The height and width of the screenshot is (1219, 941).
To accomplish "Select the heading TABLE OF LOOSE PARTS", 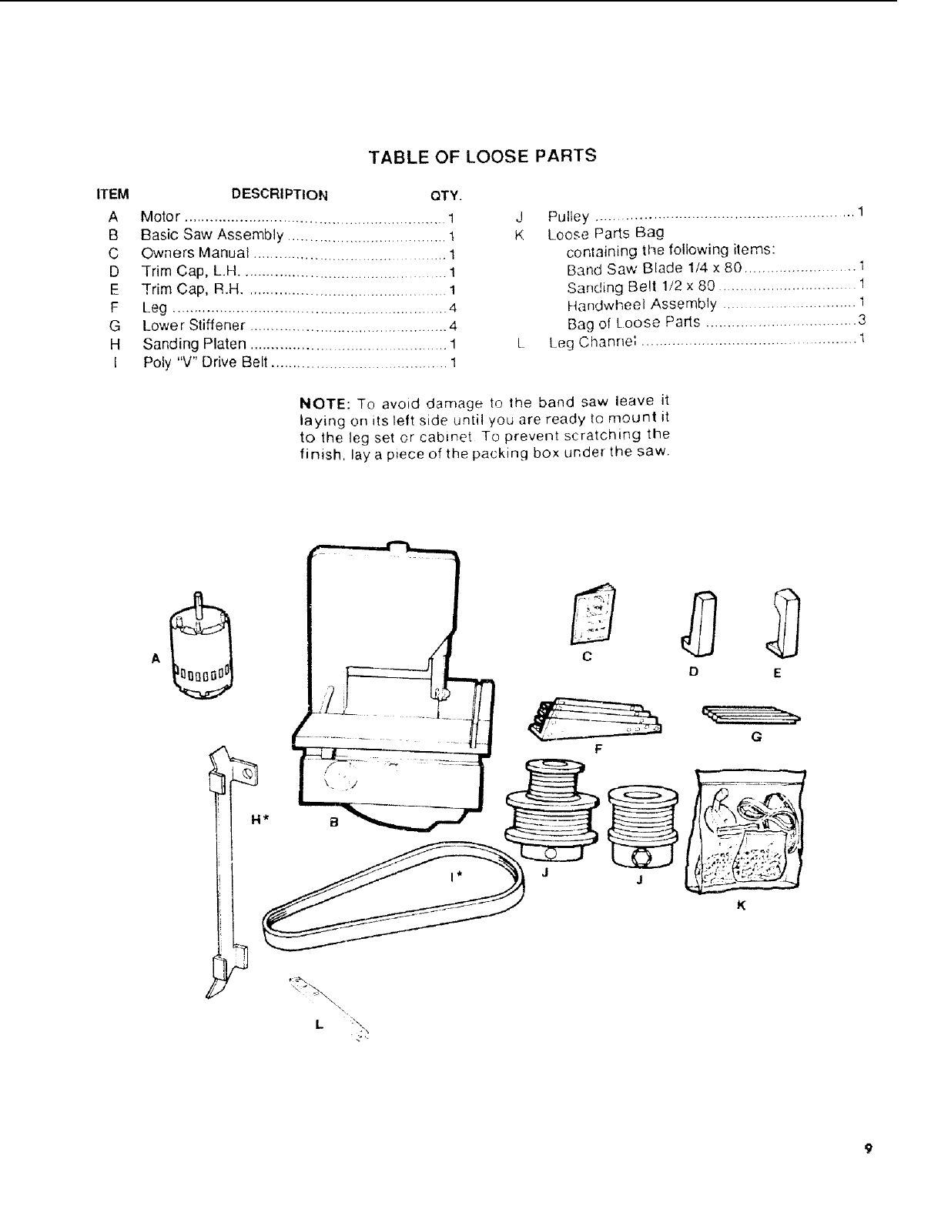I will pos(483,156).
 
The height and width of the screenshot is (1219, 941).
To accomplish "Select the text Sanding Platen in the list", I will pos(194,344).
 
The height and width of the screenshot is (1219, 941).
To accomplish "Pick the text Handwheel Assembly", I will pos(642,305).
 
